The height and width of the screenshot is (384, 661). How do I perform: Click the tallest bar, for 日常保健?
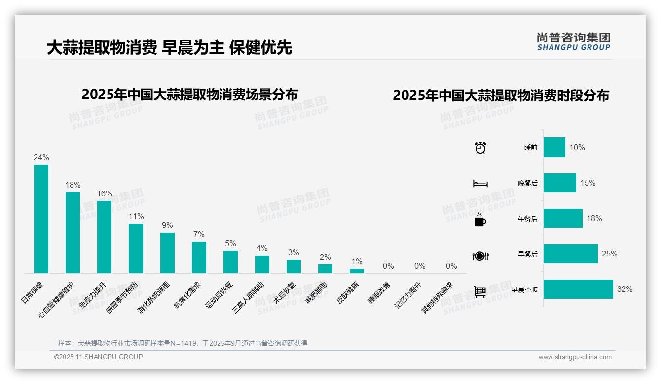tap(41, 219)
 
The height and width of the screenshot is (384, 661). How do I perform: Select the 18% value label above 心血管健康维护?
tap(73, 185)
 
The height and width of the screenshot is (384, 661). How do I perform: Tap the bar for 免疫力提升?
tap(104, 237)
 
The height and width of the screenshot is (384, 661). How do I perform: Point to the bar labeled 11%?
tap(136, 248)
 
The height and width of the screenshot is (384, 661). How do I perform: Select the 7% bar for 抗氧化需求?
tap(199, 257)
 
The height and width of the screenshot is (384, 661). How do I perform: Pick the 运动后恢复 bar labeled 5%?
tap(230, 262)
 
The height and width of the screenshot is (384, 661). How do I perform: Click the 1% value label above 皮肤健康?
tap(357, 261)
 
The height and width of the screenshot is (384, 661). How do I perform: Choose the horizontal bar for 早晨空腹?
tap(578, 289)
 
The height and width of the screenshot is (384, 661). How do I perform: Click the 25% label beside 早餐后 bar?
tap(609, 254)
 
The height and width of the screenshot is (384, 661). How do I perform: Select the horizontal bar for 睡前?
tap(554, 147)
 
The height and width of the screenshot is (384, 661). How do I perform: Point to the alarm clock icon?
tap(480, 148)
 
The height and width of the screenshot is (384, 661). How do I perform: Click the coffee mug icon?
tap(479, 220)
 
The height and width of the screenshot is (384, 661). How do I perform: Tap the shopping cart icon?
tap(480, 291)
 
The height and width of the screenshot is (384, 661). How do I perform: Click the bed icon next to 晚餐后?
tap(480, 184)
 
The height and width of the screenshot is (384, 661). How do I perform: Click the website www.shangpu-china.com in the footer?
tap(575, 357)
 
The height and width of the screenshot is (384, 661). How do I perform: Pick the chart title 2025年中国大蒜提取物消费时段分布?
tap(501, 96)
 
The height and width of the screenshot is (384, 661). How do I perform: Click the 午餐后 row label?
tap(527, 219)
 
